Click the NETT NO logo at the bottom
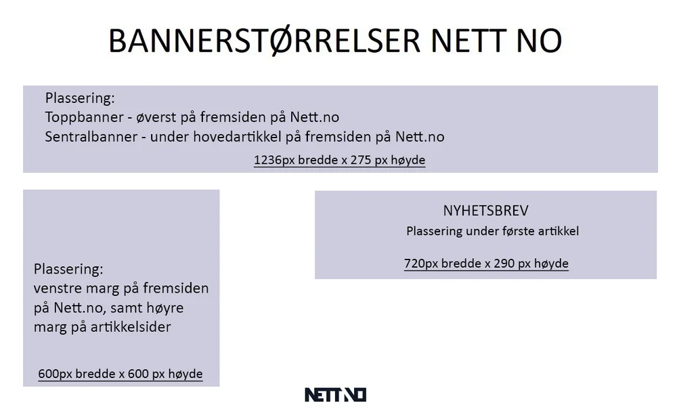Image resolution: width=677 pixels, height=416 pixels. (335, 394)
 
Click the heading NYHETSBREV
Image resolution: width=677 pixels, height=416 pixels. (485, 211)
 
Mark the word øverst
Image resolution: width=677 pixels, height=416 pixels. (158, 117)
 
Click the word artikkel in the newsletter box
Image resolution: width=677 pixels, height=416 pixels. (558, 231)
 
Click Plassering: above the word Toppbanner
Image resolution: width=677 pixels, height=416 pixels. (80, 98)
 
